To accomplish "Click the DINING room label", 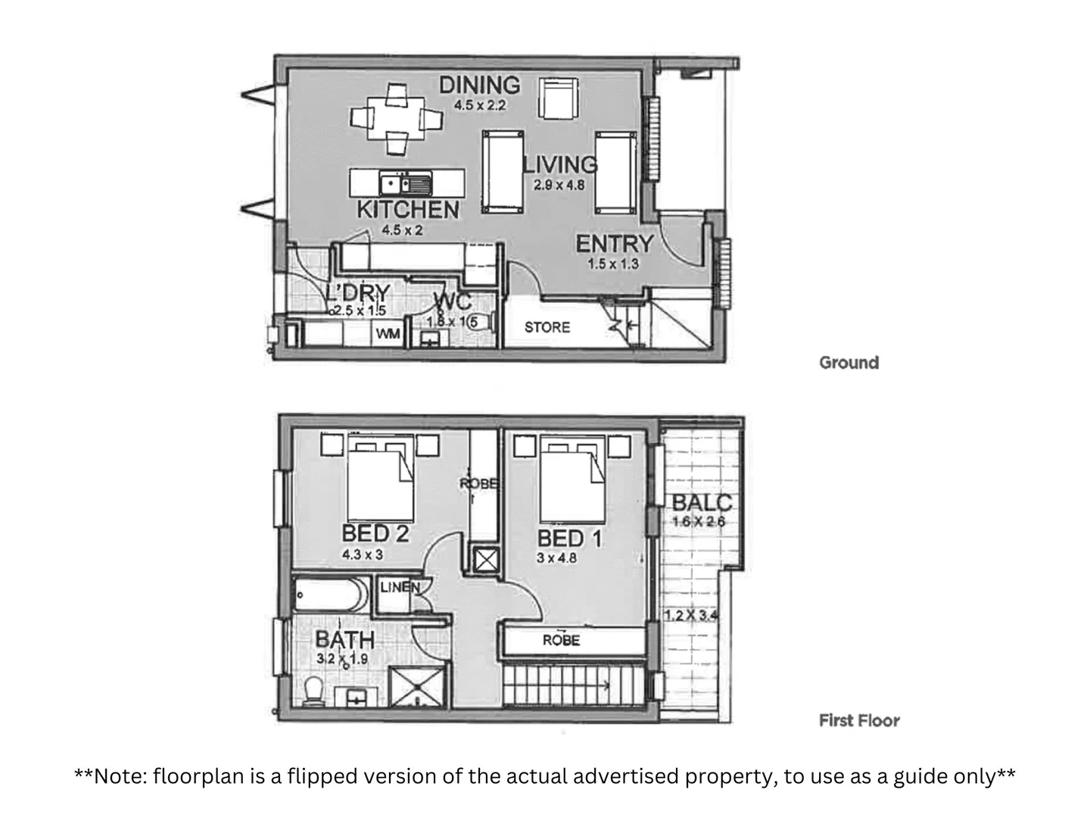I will pyautogui.click(x=480, y=85).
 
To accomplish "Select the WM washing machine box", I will pyautogui.click(x=388, y=333).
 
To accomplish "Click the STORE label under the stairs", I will pyautogui.click(x=547, y=327).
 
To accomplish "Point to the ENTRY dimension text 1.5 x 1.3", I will pyautogui.click(x=613, y=264).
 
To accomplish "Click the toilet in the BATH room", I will pyautogui.click(x=311, y=692).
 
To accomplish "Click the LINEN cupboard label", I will pyautogui.click(x=399, y=587).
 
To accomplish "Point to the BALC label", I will pyautogui.click(x=702, y=502).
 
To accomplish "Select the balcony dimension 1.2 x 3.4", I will pyautogui.click(x=690, y=616).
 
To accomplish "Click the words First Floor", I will pyautogui.click(x=859, y=720).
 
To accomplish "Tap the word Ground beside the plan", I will pyautogui.click(x=849, y=363).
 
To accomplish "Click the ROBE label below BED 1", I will pyautogui.click(x=561, y=641).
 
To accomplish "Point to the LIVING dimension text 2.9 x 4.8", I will pyautogui.click(x=559, y=184).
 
